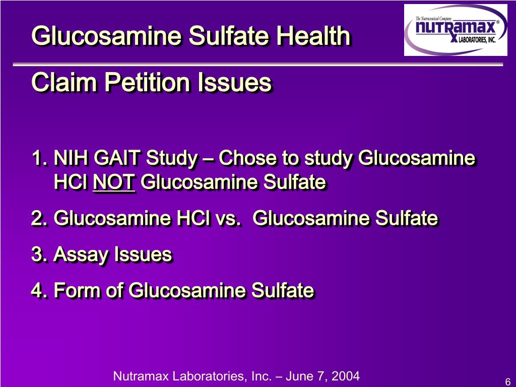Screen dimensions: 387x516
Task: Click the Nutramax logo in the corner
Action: pos(456,30)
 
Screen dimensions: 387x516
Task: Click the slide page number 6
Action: pos(507,380)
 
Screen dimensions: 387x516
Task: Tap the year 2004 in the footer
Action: pos(346,376)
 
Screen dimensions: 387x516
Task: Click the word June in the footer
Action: pos(296,376)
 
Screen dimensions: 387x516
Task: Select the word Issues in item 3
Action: pos(143,254)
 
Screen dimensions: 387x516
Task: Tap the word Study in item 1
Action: pos(171,159)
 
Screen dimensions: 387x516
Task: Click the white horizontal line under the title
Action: pos(258,64)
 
